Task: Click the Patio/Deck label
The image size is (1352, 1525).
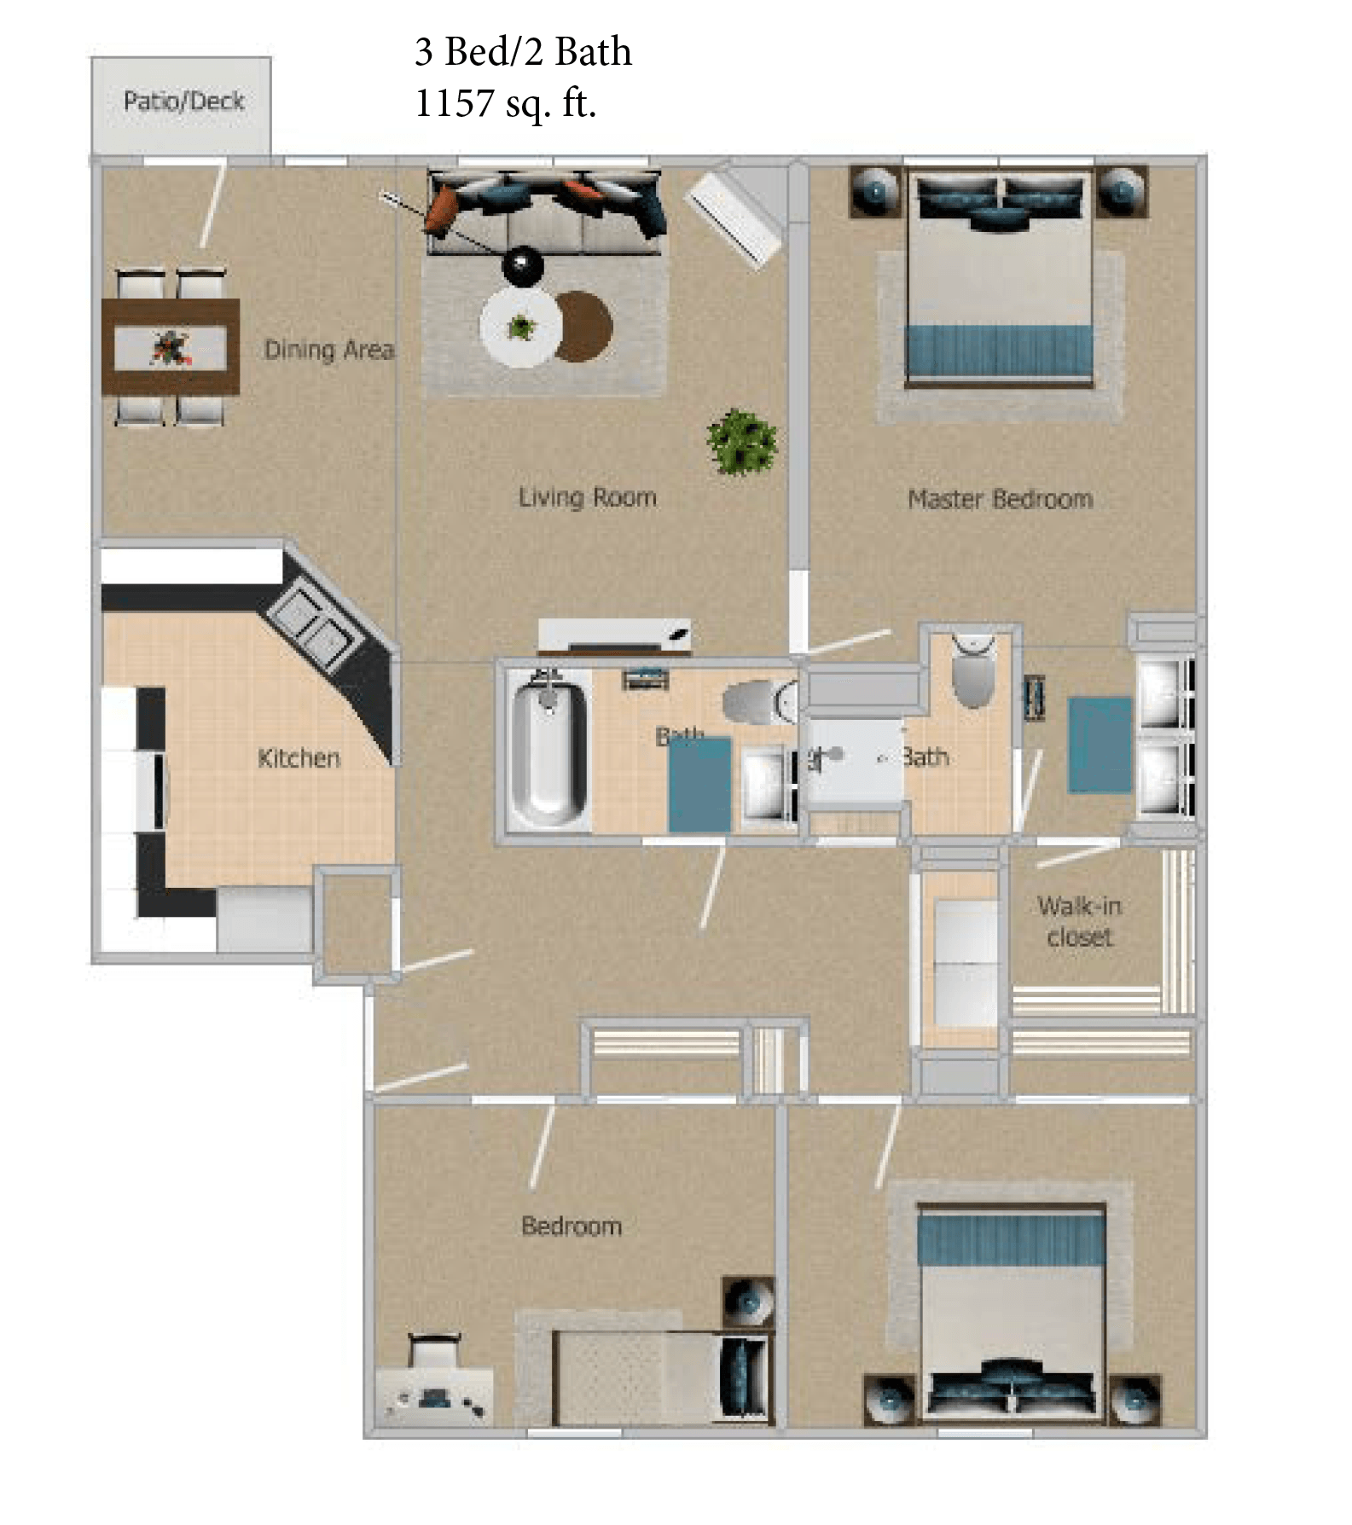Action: coord(183,101)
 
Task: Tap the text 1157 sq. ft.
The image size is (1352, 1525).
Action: coord(505,104)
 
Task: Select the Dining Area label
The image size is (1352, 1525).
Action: coord(328,350)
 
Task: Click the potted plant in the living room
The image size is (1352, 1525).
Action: coord(741,442)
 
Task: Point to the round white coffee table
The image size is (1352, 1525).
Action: coord(520,328)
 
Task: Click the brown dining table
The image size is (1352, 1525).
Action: coord(170,346)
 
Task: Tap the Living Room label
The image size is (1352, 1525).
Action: coord(588,497)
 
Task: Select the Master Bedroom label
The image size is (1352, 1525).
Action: coord(1000,499)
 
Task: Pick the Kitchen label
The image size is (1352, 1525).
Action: coord(299,758)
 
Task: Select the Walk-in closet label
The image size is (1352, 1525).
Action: coord(1079,921)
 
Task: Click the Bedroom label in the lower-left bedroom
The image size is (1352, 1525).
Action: coord(571,1226)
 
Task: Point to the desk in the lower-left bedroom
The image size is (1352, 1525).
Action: coord(434,1396)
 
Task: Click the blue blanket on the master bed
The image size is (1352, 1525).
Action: coord(998,350)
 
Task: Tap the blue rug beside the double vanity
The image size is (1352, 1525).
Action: coord(1100,745)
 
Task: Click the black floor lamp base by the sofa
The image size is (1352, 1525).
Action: coord(522,265)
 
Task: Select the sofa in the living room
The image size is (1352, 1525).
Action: coord(546,213)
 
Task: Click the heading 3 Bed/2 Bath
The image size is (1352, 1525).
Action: coord(523,52)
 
